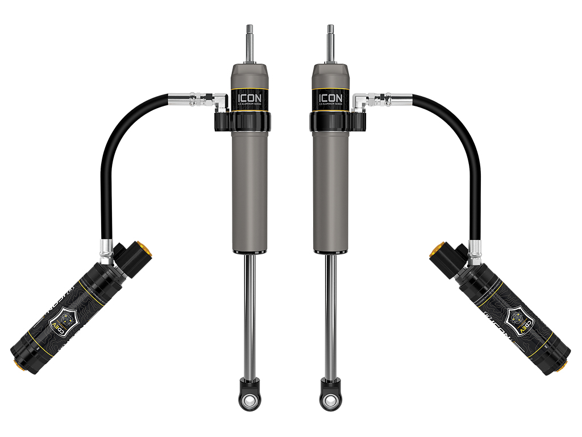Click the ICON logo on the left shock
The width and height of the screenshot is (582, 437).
(x=248, y=97)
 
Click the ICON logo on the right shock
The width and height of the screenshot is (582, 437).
(x=330, y=97)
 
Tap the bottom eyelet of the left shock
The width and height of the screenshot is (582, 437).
(x=248, y=400)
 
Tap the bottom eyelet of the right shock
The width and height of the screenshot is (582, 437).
(x=330, y=400)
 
